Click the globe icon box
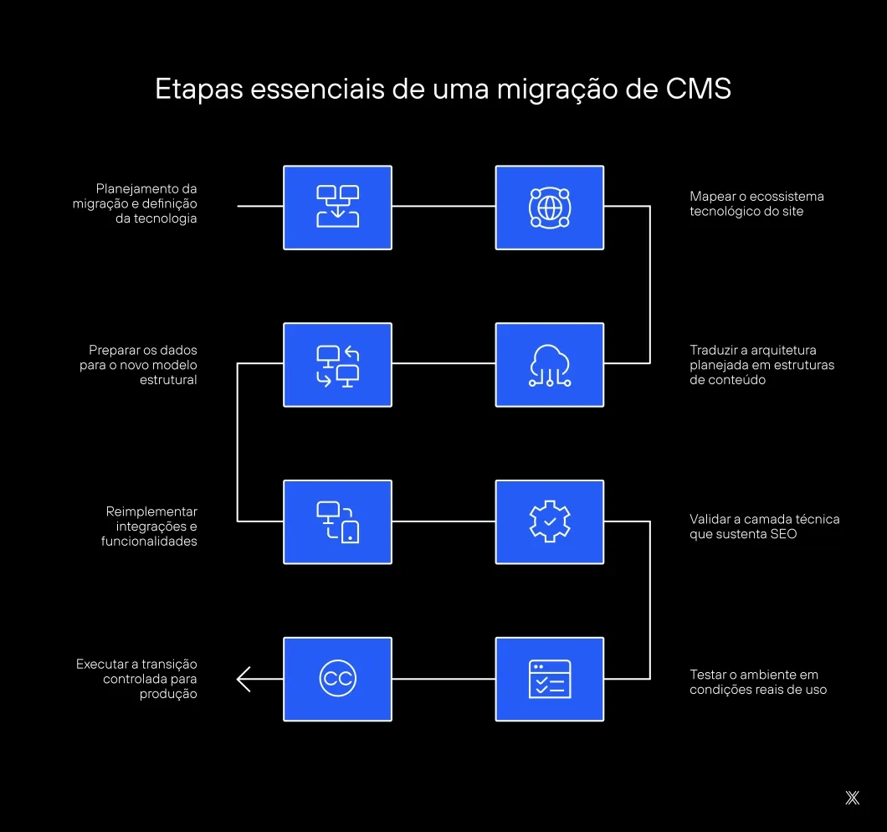click(549, 207)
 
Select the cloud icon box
click(549, 365)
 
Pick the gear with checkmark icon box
click(549, 521)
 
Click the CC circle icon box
click(337, 679)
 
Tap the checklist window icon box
click(549, 679)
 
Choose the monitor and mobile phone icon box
click(337, 521)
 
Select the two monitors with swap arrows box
click(337, 365)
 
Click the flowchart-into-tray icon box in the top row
click(337, 207)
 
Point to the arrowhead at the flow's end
click(244, 679)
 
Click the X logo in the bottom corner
click(852, 798)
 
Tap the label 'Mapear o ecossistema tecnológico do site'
click(745, 203)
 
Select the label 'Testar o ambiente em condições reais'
click(758, 682)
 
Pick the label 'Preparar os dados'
click(142, 350)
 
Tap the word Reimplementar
click(151, 511)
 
